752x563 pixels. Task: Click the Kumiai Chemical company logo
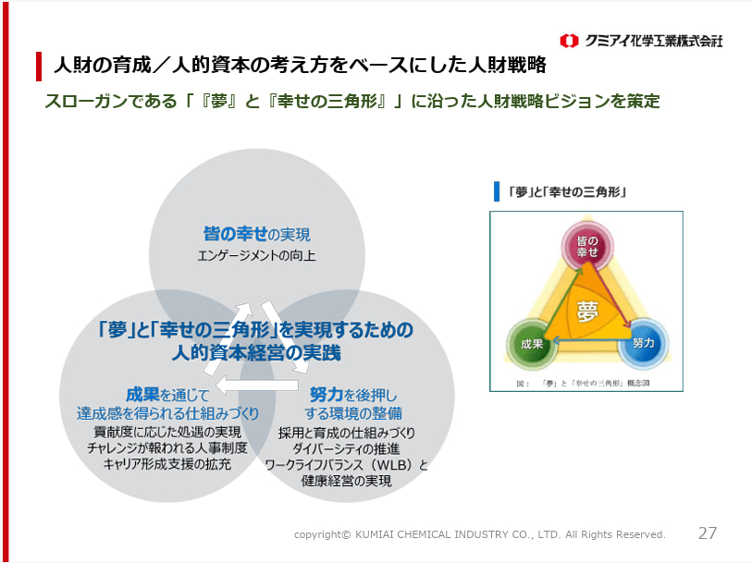pos(640,41)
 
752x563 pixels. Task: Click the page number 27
pos(707,533)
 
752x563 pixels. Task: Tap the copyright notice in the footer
pos(479,534)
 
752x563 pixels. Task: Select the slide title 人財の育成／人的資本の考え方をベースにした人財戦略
pos(299,66)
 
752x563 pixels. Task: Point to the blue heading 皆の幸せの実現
pos(257,235)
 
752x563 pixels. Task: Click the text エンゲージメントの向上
pos(256,255)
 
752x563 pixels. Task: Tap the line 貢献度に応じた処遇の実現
pos(166,432)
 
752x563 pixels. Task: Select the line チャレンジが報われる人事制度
pos(166,448)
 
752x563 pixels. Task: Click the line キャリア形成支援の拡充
pos(166,464)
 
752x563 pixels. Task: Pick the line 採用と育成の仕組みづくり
pos(347,433)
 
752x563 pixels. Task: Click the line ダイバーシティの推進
pos(347,448)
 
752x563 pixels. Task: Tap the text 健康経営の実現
pos(347,481)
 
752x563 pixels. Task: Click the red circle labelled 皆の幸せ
pos(587,245)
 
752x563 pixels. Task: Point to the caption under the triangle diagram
pos(586,381)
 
